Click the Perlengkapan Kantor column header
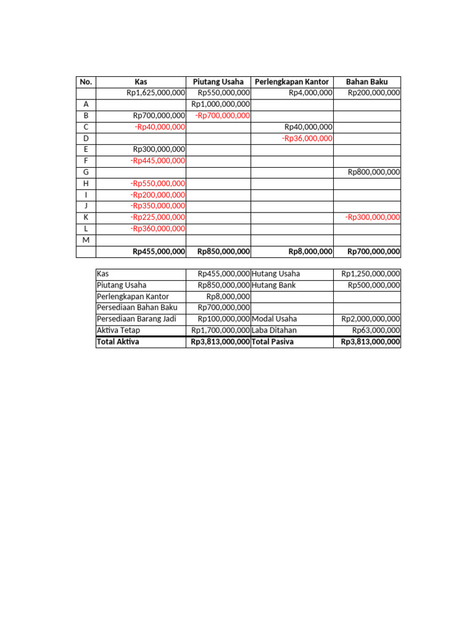[x=292, y=82]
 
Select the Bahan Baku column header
[x=367, y=82]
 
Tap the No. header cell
[x=86, y=82]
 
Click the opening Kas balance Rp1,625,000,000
[x=155, y=93]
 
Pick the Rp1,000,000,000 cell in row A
[x=221, y=104]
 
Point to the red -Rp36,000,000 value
[x=307, y=138]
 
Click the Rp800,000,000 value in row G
[x=374, y=172]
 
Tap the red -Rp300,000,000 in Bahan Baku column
[x=372, y=217]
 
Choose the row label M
[x=86, y=240]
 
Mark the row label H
[x=86, y=184]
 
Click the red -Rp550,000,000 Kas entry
[x=157, y=184]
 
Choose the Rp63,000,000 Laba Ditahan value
[x=376, y=330]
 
